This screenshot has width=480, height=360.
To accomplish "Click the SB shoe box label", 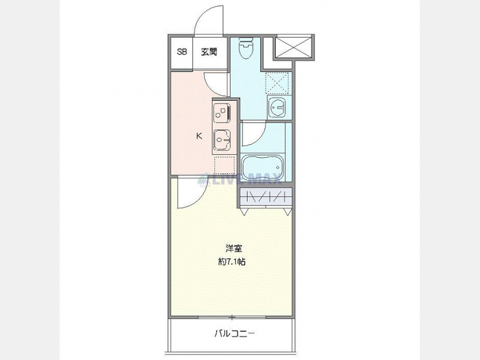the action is click(182, 52).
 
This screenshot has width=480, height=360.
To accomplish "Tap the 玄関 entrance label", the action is click(209, 52).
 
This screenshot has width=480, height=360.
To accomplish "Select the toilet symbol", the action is click(246, 49).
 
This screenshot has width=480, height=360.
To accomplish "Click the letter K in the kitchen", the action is click(199, 135).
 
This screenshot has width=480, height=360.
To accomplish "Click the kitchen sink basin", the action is click(222, 140).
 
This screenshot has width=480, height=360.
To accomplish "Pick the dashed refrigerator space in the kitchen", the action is click(225, 166).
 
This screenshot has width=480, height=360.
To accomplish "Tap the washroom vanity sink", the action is click(277, 107).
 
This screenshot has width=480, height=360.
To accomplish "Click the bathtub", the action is click(263, 168).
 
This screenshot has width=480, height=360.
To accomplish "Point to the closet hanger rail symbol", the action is click(266, 197).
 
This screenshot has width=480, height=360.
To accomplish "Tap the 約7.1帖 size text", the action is click(232, 262).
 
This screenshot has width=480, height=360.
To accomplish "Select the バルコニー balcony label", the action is click(234, 333).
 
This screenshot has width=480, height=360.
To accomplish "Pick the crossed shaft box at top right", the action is click(293, 47).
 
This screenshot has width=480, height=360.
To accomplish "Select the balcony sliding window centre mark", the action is click(232, 317).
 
